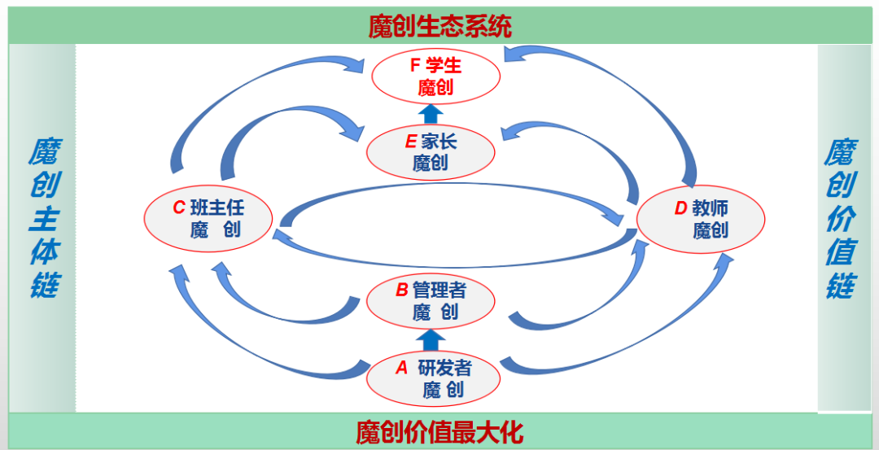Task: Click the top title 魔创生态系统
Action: coord(439,26)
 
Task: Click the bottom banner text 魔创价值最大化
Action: coord(439,431)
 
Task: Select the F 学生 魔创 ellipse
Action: coord(435,76)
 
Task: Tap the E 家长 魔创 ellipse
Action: coord(431,152)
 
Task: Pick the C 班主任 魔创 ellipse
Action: coord(208,218)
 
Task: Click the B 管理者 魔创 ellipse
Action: coord(431,301)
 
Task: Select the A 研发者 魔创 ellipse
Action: coord(434,378)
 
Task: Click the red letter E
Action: coord(410,142)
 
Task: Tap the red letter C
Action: coord(179,208)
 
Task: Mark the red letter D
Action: coord(681,208)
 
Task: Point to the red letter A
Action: coord(401,368)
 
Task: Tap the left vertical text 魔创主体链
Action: coord(42,218)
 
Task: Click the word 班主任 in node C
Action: coord(217,208)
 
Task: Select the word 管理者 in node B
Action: coord(439,291)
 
